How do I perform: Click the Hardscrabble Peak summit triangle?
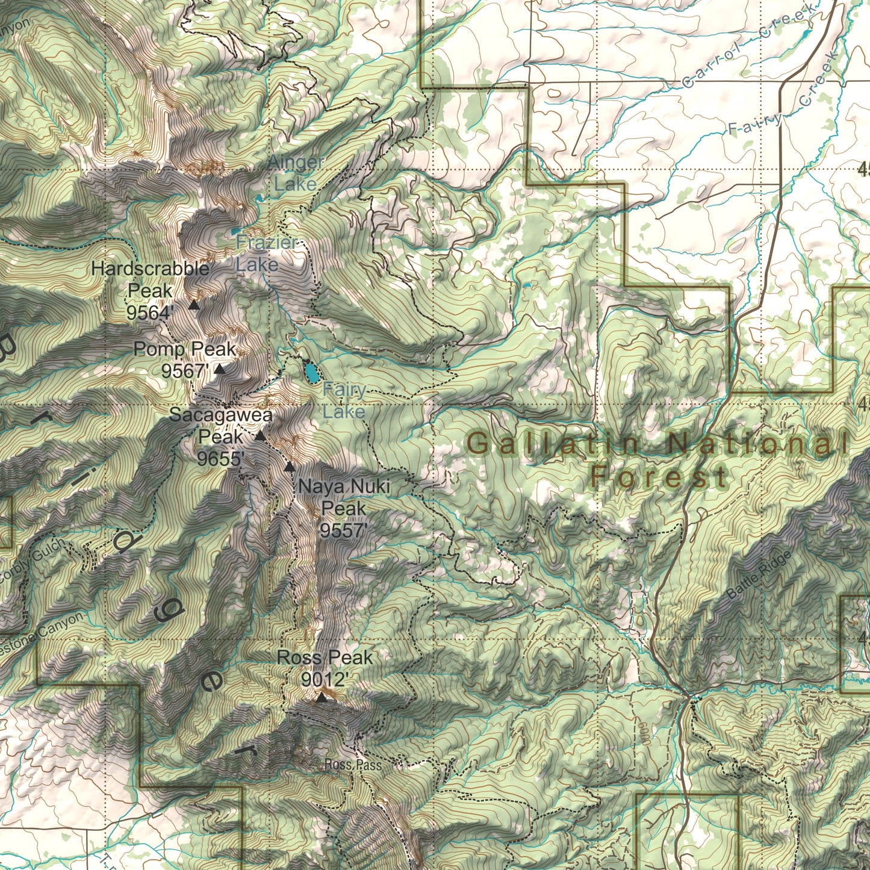pos(194,305)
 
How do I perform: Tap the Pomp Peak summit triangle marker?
pos(220,369)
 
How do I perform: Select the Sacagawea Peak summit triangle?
pos(260,435)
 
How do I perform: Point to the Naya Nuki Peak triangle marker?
pos(290,466)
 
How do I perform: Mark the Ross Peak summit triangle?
pos(322,697)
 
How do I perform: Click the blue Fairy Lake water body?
pos(311,373)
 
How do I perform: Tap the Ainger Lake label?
pos(295,173)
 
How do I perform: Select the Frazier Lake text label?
pos(266,253)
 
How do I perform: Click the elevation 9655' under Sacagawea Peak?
pos(220,459)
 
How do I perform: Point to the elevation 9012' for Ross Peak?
pos(325,680)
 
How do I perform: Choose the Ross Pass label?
pos(353,765)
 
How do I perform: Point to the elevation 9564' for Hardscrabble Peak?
pos(151,312)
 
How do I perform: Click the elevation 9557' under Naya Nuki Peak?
pos(343,530)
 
